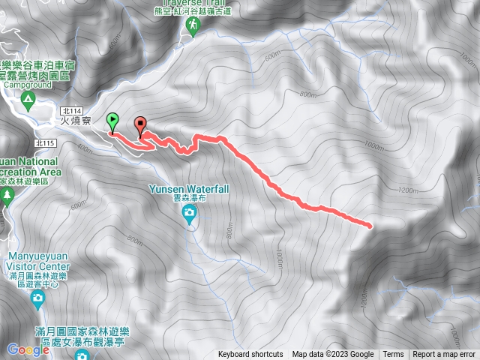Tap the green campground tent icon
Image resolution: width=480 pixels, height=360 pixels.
[27, 99]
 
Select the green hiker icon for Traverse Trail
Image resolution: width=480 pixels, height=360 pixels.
[193, 26]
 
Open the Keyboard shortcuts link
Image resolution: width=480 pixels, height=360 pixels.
[250, 355]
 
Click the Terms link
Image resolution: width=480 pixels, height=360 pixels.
[393, 355]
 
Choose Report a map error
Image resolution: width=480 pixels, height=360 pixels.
[444, 355]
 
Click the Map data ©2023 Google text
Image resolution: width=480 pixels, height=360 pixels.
[333, 355]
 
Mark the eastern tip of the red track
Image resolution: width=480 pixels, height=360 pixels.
[370, 224]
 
